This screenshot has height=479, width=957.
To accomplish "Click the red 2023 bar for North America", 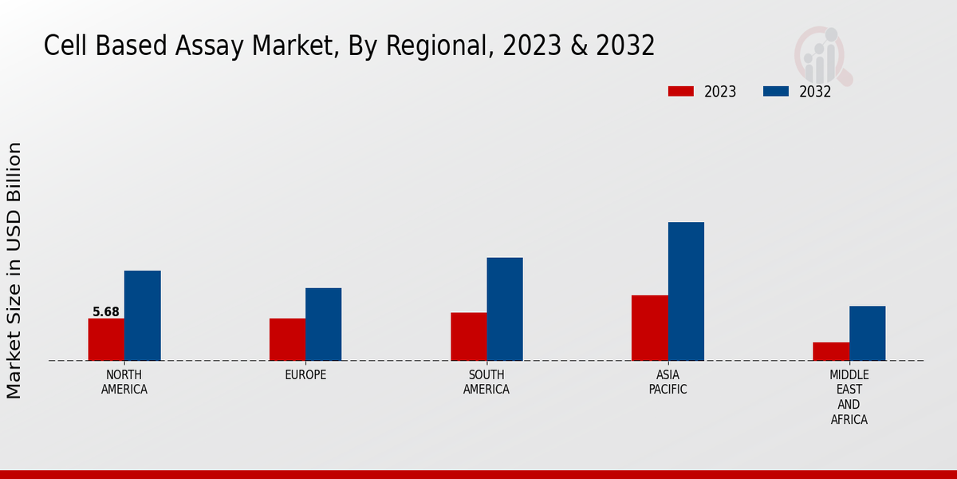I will pyautogui.click(x=106, y=339).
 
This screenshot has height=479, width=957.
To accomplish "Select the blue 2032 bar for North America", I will pyautogui.click(x=142, y=315).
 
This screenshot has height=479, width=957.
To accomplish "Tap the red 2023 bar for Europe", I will pyautogui.click(x=287, y=339).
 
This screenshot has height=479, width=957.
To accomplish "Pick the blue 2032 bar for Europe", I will pyautogui.click(x=323, y=324).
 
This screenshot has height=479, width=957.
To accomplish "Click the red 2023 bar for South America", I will pyautogui.click(x=468, y=336).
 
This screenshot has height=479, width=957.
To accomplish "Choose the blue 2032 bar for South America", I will pyautogui.click(x=505, y=309).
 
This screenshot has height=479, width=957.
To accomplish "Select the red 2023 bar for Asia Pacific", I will pyautogui.click(x=650, y=327).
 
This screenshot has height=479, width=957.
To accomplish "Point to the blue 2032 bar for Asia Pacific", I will pyautogui.click(x=686, y=291).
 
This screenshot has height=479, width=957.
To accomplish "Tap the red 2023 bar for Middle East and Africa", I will pyautogui.click(x=831, y=351).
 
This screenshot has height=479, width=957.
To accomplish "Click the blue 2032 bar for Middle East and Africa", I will pyautogui.click(x=867, y=333).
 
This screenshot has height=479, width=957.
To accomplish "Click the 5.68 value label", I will pyautogui.click(x=106, y=312).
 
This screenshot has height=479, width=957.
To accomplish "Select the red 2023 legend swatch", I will pyautogui.click(x=680, y=92).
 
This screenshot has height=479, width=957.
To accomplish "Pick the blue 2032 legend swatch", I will pyautogui.click(x=775, y=92).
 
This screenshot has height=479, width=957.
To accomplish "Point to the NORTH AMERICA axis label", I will pyautogui.click(x=124, y=382).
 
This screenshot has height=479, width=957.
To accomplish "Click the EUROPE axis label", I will pyautogui.click(x=305, y=375).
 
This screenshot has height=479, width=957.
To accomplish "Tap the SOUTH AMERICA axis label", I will pyautogui.click(x=486, y=382).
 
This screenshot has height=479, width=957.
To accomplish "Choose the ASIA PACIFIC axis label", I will pyautogui.click(x=668, y=382).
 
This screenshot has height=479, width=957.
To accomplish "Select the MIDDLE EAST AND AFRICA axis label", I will pyautogui.click(x=849, y=398).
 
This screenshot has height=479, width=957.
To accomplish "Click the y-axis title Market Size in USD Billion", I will pyautogui.click(x=14, y=270).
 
